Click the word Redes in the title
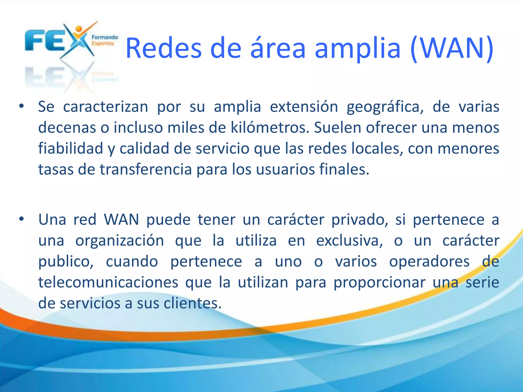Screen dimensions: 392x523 coord(164,48)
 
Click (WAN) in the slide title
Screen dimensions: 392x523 coord(452,48)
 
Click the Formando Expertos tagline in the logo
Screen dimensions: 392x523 coord(105,40)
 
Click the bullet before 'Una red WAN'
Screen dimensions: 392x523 coord(21,219)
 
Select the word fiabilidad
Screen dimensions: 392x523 coord(70,148)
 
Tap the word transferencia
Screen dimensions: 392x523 coord(146,169)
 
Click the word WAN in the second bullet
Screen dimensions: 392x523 coord(122,219)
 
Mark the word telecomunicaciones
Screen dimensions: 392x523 coord(108,282)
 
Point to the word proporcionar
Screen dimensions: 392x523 coord(379,283)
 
